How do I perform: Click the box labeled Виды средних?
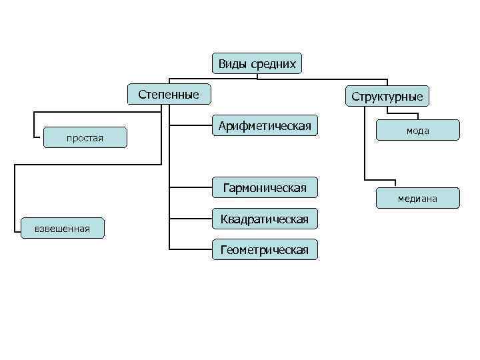coord(257,63)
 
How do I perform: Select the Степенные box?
coord(169,95)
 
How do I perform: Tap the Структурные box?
coord(387,97)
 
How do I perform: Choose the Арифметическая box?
coord(265,126)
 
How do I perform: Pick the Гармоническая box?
coord(265,188)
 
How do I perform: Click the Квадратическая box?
coord(265,219)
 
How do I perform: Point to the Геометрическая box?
coord(265,250)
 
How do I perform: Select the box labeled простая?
coord(85,138)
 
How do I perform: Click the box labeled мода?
coord(418,131)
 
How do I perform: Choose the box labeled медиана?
coord(418,199)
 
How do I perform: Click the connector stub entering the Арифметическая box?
coord(190,125)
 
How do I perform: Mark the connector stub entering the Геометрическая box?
coord(190,249)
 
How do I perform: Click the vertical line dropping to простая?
coord(34,125)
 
